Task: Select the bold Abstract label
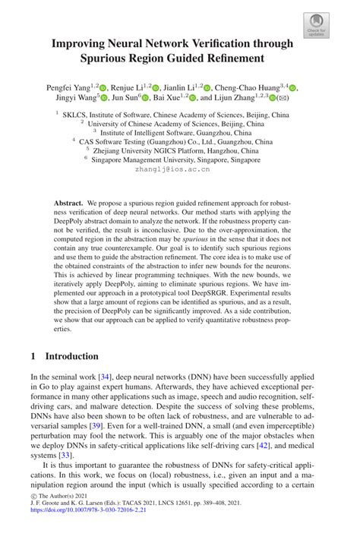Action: point(68,205)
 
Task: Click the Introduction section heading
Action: point(71,355)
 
